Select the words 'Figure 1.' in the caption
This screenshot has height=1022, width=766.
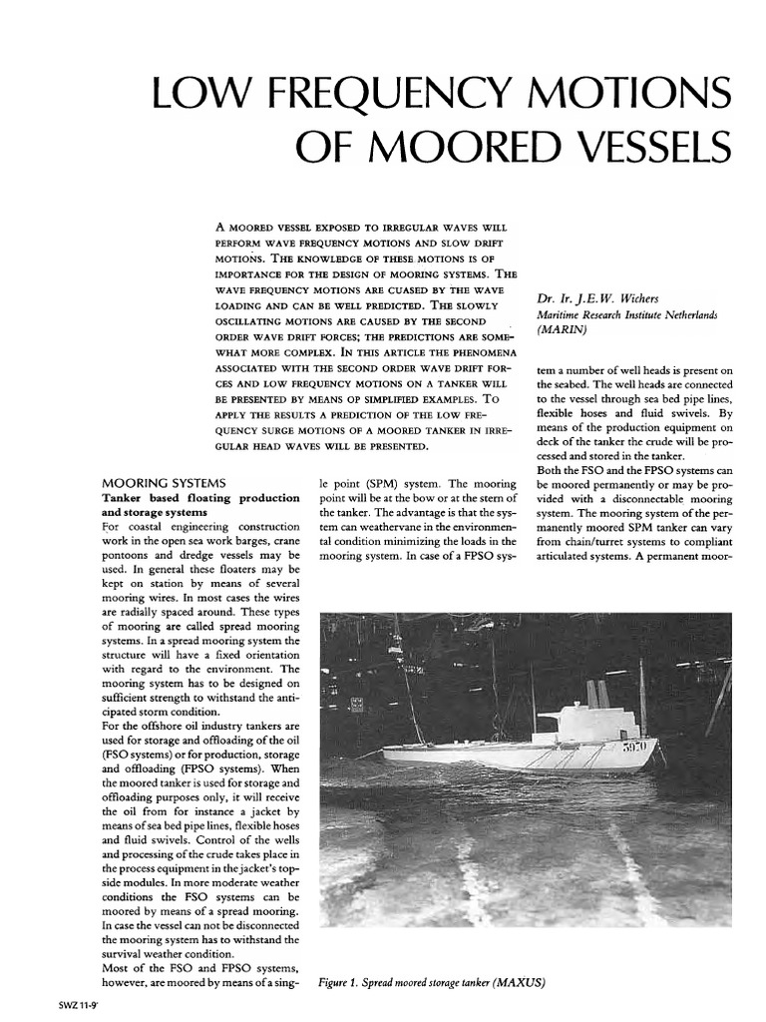pos(345,982)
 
